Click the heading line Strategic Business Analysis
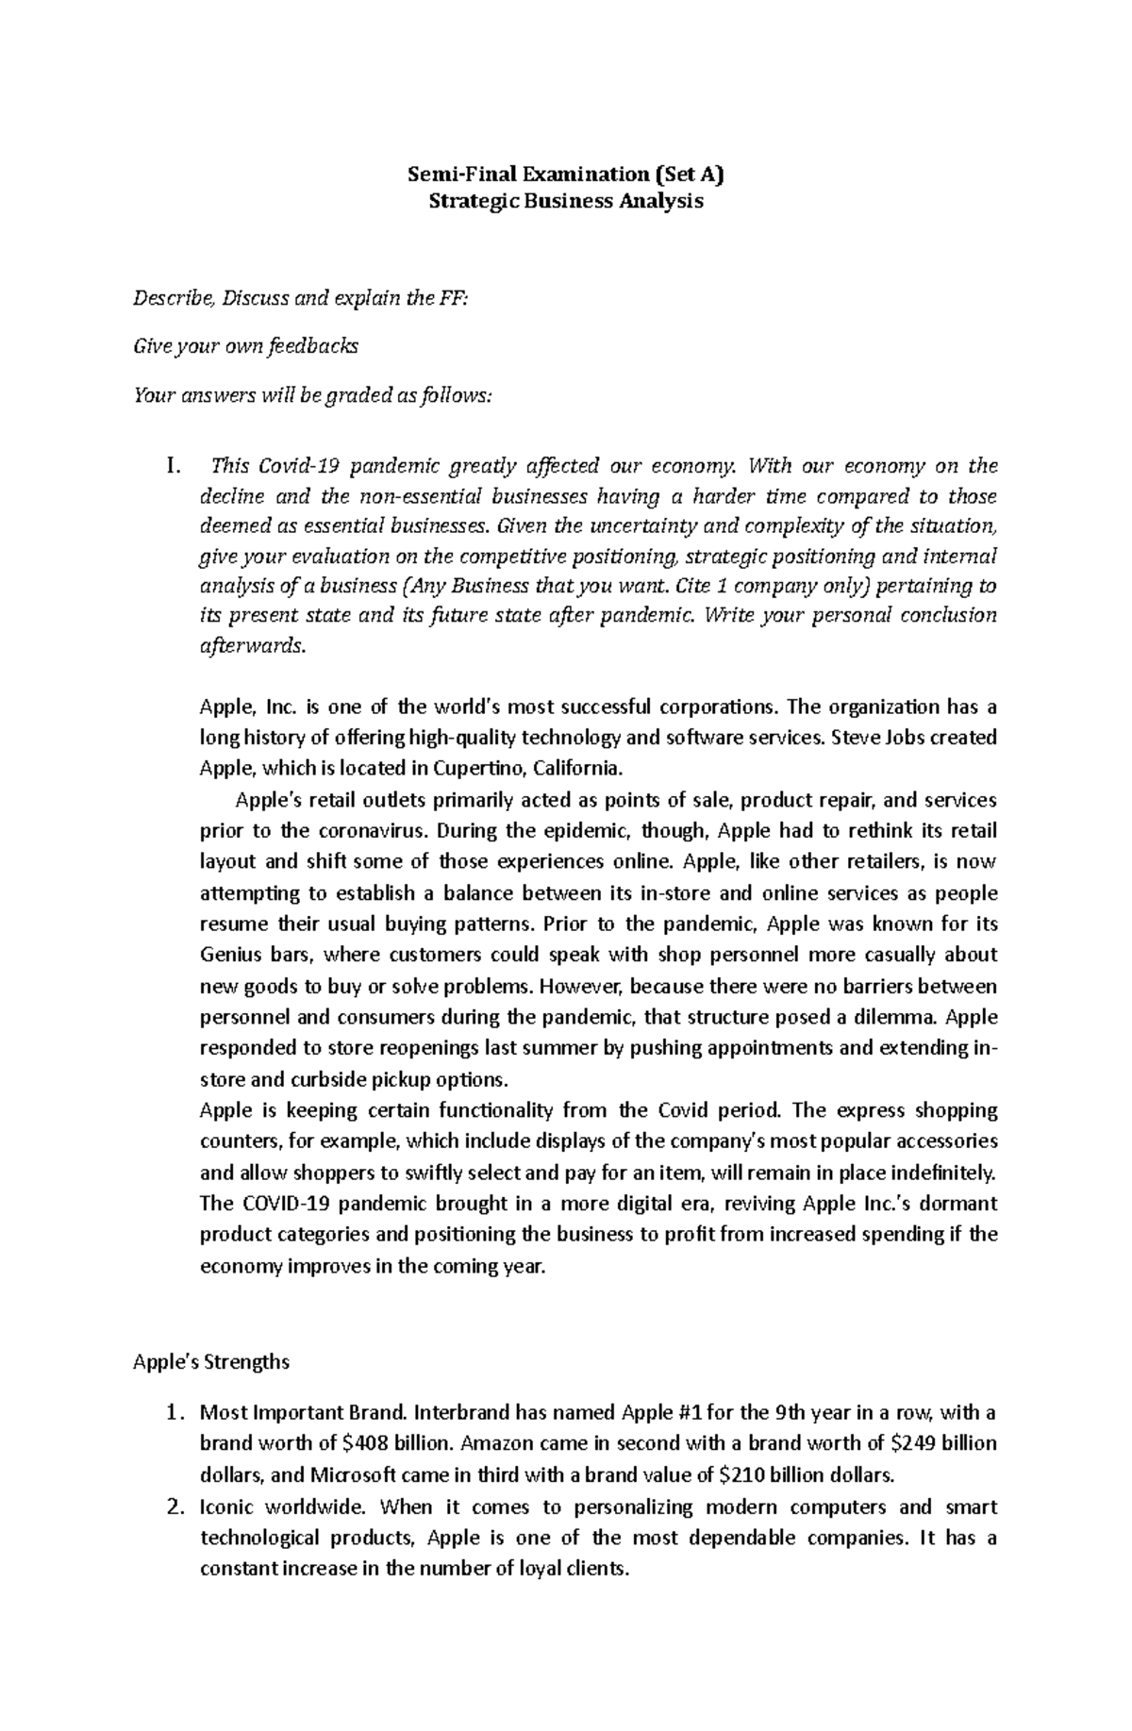click(x=565, y=201)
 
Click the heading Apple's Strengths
click(x=211, y=1362)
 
